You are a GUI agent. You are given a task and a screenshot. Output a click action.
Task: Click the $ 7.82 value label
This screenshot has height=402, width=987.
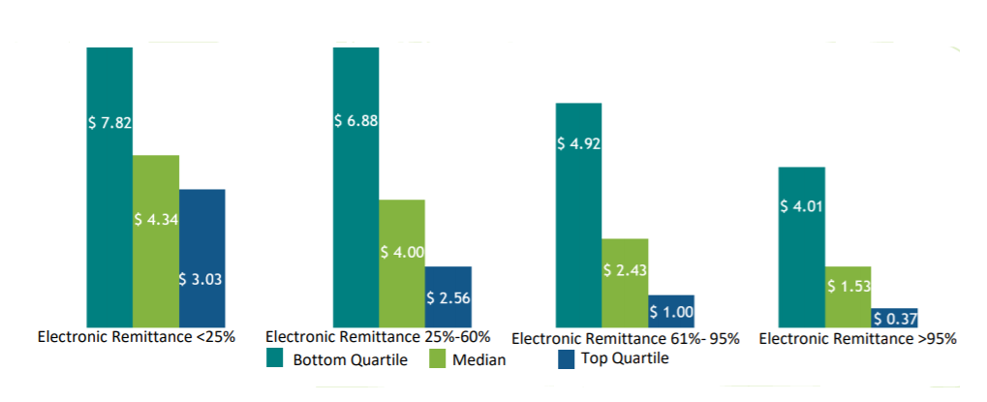pos(109,123)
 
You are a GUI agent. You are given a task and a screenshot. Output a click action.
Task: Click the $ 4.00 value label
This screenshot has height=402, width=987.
pos(402,252)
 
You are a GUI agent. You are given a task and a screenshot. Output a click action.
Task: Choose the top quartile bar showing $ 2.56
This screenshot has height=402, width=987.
pos(448,296)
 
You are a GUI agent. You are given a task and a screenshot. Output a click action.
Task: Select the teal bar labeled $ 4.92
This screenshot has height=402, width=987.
pos(578,214)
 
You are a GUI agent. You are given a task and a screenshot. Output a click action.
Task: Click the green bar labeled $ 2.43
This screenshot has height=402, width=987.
pos(625,282)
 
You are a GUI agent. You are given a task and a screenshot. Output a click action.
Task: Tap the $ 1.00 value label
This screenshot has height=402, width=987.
pos(671,311)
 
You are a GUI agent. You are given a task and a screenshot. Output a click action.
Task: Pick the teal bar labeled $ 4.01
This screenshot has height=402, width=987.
pos(802,246)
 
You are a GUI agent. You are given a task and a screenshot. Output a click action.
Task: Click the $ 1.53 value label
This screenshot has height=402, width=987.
pos(848,287)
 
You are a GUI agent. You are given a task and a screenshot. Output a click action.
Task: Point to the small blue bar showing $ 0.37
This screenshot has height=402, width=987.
pos(894,318)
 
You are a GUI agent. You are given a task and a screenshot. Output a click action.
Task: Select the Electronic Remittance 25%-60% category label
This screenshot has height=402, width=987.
pos(378,337)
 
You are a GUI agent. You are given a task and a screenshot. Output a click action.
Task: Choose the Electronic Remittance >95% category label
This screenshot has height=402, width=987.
pos(857,339)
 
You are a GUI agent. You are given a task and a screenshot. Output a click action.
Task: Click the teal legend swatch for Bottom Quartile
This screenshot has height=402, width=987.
pos(275,359)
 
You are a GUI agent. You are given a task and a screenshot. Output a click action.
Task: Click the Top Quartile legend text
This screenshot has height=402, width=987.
pos(625,358)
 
